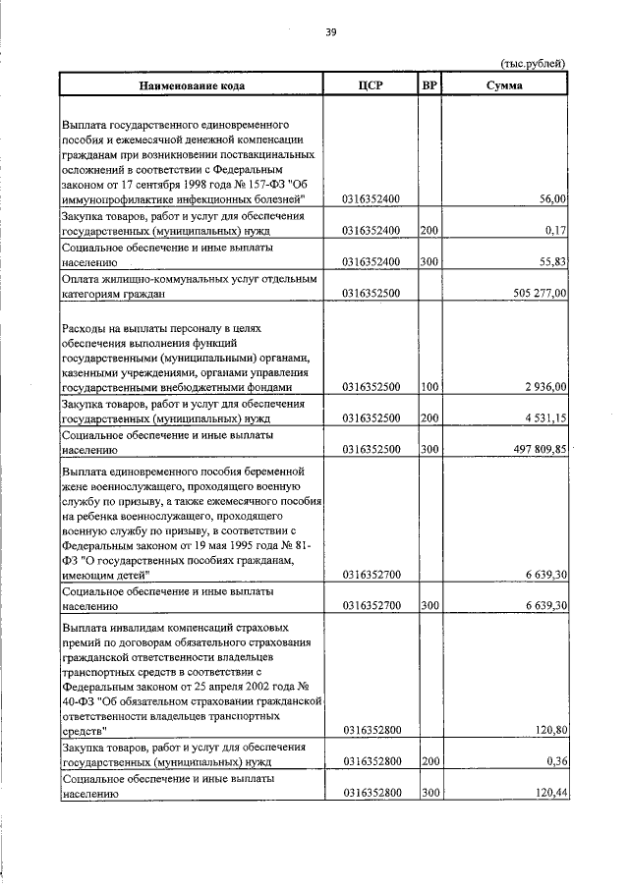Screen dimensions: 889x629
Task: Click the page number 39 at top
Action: (331, 32)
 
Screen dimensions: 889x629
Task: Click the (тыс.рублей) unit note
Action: (534, 65)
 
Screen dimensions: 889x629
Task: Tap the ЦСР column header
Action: (371, 85)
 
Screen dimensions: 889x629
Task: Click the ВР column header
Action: (429, 85)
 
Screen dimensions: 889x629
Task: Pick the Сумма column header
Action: (504, 85)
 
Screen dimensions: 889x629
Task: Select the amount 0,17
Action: (557, 231)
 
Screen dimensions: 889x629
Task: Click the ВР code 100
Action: (429, 388)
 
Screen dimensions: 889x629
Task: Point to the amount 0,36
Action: (557, 761)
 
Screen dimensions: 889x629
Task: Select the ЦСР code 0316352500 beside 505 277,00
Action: (371, 293)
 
